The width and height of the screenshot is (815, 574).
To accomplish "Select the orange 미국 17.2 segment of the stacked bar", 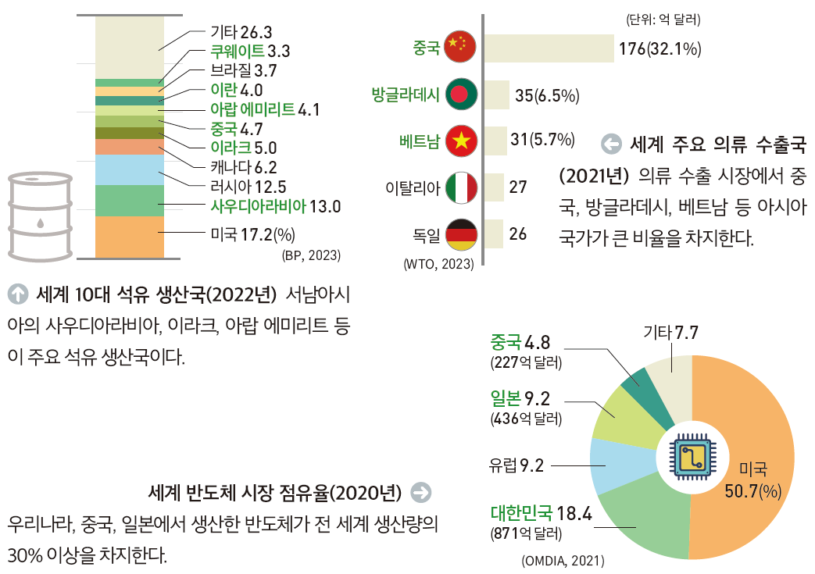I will [129, 237].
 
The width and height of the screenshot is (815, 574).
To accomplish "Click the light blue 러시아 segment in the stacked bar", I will [129, 169].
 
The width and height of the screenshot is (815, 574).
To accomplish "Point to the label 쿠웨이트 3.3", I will [250, 52].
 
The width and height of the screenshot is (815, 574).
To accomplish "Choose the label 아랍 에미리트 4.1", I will [266, 109].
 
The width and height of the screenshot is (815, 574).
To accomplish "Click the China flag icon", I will [459, 48].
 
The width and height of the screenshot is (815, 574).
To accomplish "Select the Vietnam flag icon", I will [459, 141].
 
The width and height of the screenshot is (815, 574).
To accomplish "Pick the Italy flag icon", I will [459, 187].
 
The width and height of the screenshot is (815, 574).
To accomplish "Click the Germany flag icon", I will [459, 234].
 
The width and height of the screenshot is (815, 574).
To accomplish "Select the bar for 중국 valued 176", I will [549, 48].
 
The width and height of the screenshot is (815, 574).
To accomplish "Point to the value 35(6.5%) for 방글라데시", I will [547, 96].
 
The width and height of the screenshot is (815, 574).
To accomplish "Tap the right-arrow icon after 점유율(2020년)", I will [420, 492].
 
